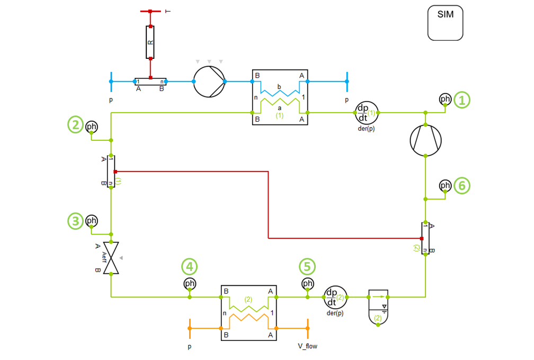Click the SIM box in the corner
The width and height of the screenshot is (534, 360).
446,23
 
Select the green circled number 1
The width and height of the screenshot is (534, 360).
464,100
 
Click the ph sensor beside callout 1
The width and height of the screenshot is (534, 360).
445,99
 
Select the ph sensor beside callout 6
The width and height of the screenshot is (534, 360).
445,185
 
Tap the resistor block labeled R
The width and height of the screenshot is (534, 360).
150,42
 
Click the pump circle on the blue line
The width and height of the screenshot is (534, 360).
209,82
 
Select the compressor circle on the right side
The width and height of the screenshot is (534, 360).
426,140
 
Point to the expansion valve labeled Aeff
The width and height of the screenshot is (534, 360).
111,258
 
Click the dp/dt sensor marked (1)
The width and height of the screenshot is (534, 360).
366,112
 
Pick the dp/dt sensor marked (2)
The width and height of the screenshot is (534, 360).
335,298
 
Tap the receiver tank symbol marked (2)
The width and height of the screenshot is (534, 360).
378,307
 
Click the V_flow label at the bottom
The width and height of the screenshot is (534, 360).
307,347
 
